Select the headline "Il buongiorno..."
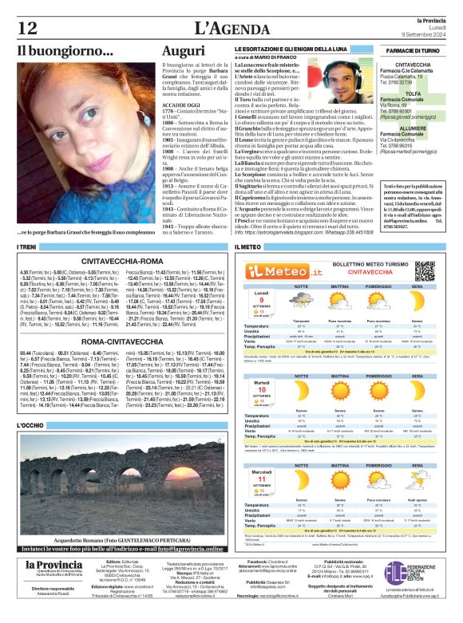pos(65,51)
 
